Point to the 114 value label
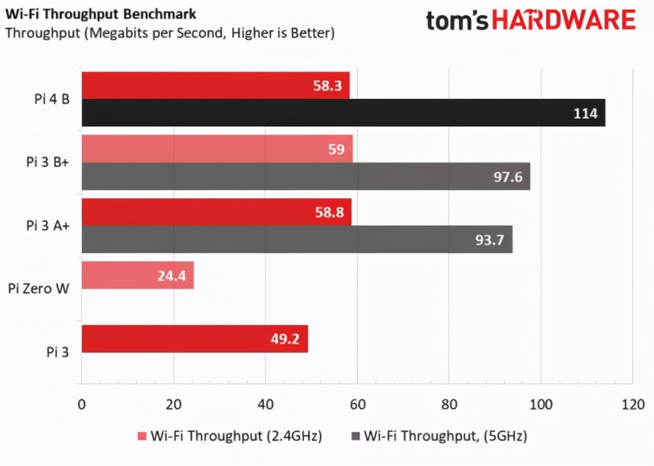tap(585, 114)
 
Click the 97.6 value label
tap(508, 177)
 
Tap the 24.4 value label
tap(171, 276)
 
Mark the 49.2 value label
tap(285, 339)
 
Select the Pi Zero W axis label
tap(40, 288)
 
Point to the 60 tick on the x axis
tap(356, 404)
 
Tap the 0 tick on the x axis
tap(81, 404)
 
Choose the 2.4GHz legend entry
tap(230, 435)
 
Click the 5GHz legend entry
tap(439, 435)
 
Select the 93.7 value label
tap(490, 240)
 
